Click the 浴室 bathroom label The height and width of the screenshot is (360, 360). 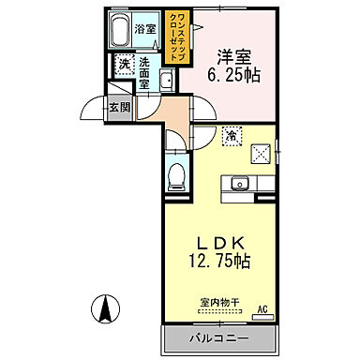pos(146,29)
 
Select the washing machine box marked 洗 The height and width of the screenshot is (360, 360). pos(124,65)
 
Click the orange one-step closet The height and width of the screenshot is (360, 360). pos(174,37)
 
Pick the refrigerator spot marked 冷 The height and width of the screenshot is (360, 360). pos(230,137)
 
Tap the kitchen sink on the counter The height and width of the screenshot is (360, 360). pos(238,184)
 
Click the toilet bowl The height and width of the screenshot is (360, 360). pos(176,176)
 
